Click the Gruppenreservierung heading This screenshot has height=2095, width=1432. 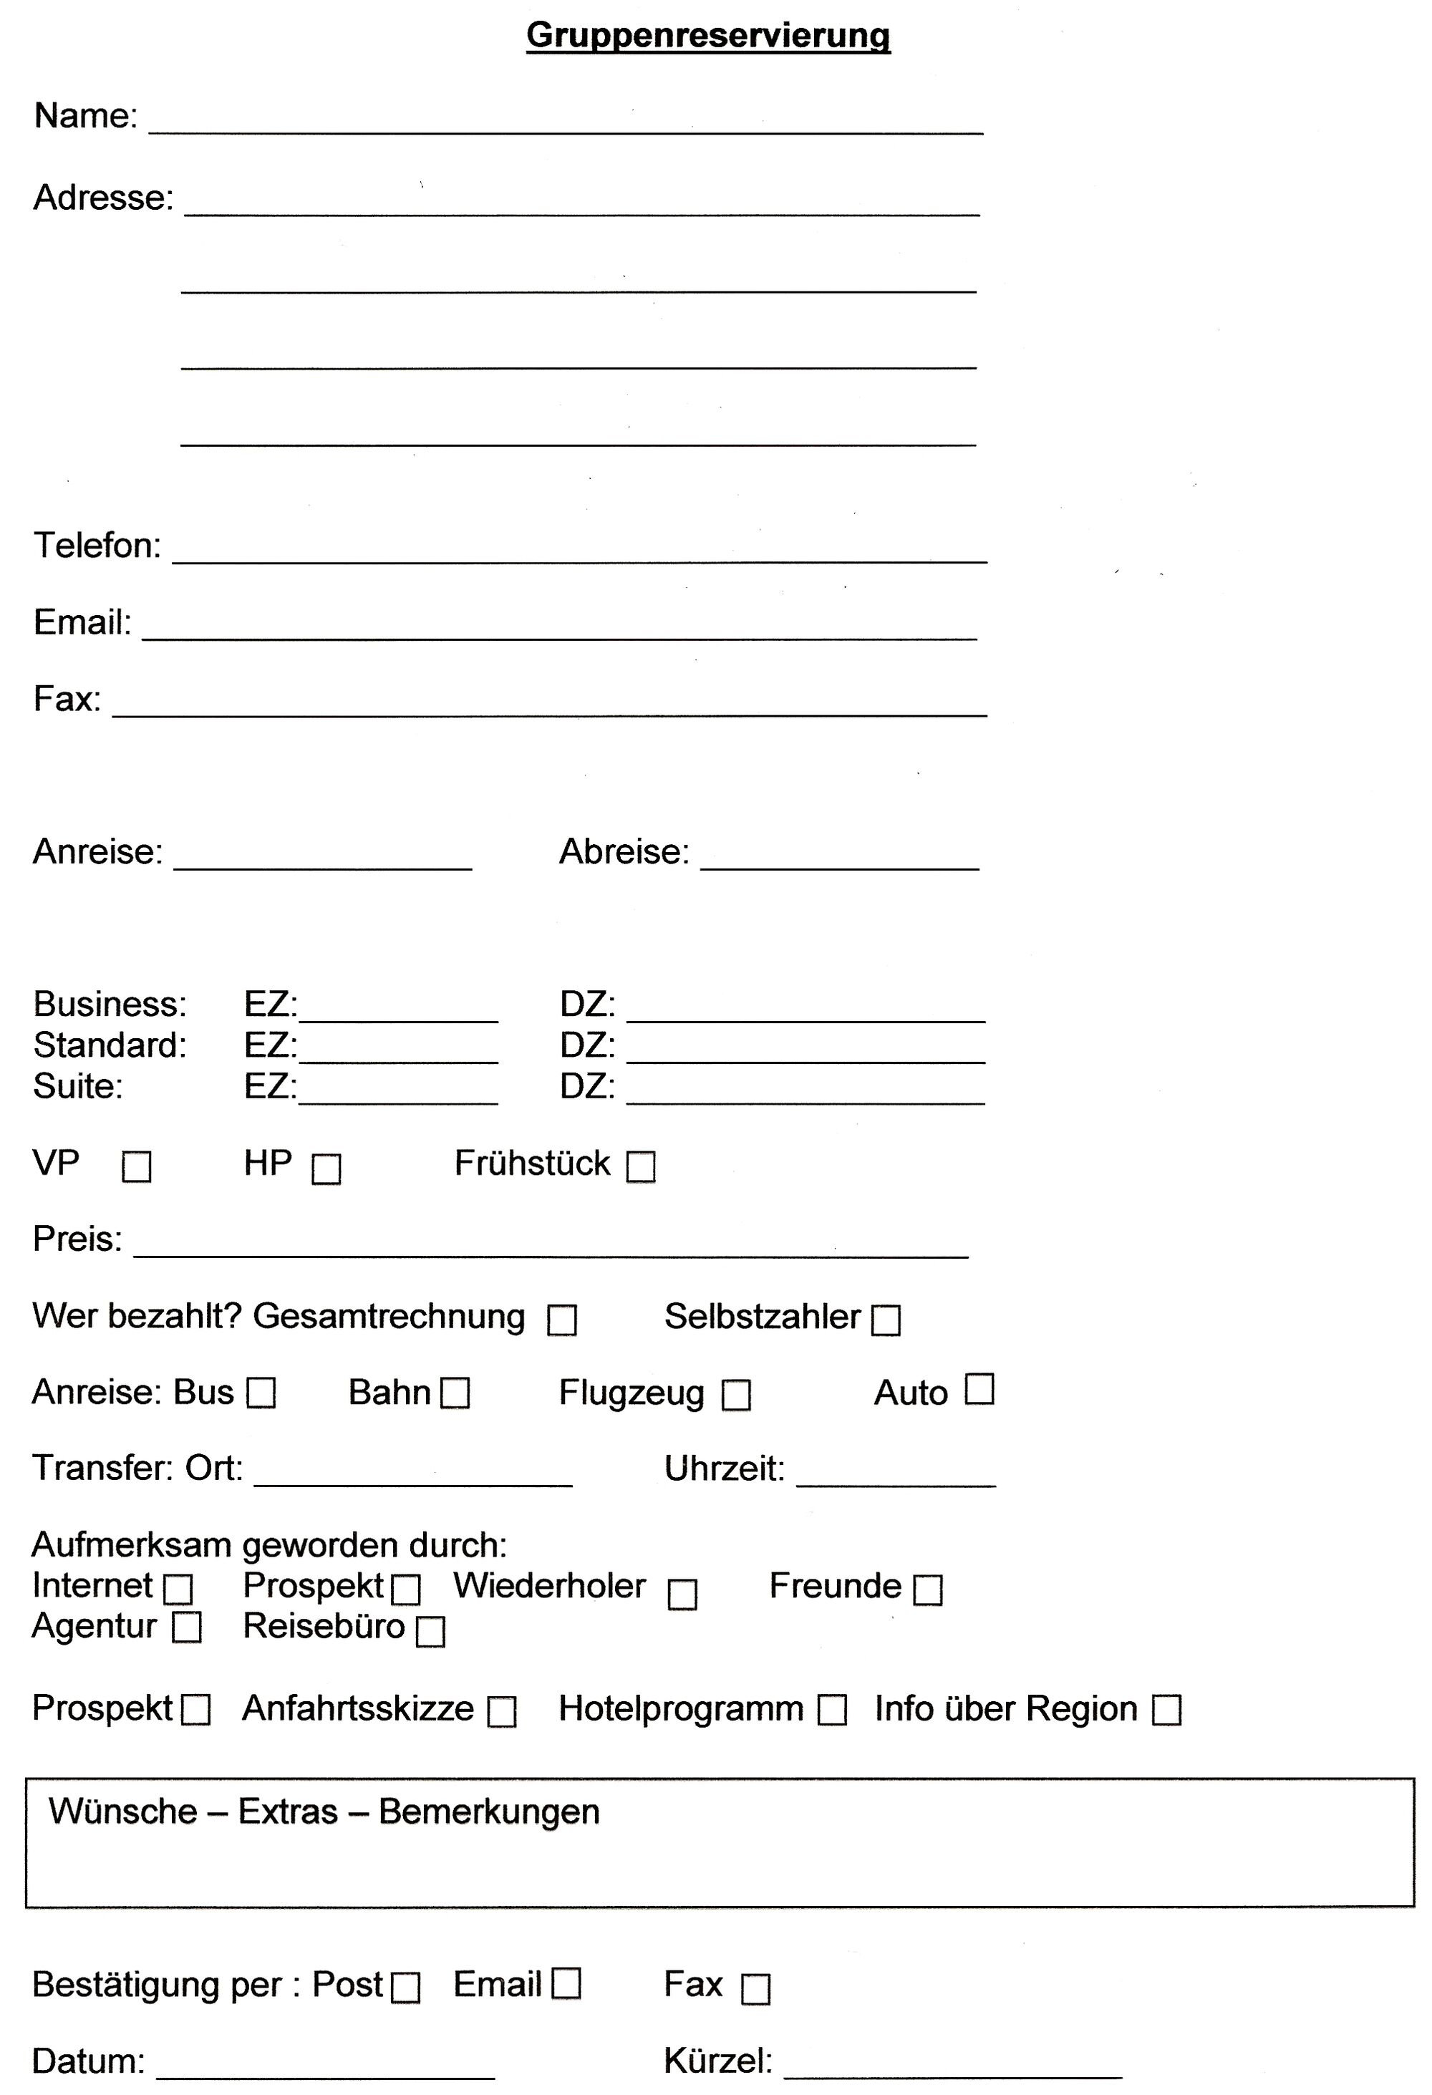click(708, 36)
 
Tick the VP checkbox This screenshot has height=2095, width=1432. click(137, 1167)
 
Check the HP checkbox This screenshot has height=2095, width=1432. click(326, 1169)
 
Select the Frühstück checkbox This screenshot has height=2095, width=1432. click(641, 1166)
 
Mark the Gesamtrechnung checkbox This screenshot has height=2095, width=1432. click(562, 1320)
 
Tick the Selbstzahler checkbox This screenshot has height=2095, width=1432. click(886, 1320)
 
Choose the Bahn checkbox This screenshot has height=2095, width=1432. click(455, 1393)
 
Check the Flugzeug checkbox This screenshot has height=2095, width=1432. click(736, 1395)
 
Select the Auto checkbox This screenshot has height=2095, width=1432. click(979, 1389)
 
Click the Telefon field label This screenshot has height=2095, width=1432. click(97, 546)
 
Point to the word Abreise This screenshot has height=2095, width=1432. click(624, 852)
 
